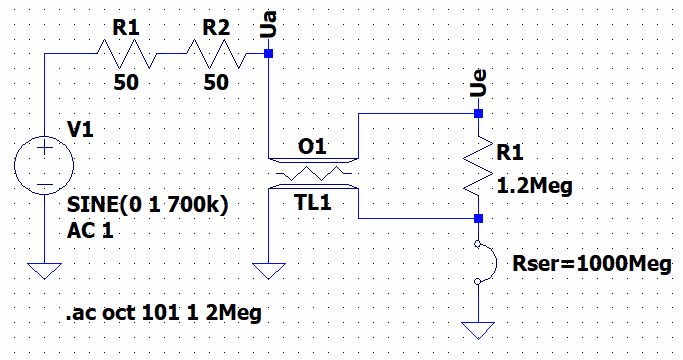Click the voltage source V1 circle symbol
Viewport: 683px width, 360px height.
coord(45,165)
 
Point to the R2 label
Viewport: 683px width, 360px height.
coord(216,27)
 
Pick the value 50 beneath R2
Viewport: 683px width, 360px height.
coord(216,85)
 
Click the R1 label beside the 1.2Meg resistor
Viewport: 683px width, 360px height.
coord(511,153)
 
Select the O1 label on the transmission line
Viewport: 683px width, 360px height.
coord(312,147)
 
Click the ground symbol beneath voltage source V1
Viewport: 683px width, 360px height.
coord(45,270)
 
